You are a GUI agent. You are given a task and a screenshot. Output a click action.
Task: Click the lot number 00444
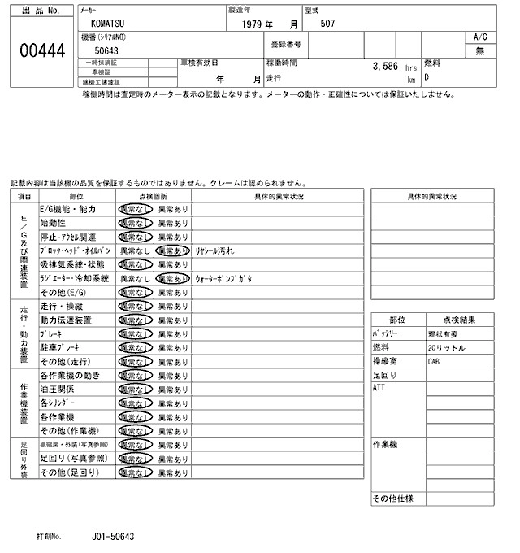click(41, 50)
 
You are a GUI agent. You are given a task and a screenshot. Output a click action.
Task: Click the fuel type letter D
click(428, 78)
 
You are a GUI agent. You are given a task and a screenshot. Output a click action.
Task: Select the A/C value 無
click(479, 50)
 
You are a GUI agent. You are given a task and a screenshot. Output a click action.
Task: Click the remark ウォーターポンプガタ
click(223, 277)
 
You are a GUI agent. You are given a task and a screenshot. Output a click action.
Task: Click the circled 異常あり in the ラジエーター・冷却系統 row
click(172, 277)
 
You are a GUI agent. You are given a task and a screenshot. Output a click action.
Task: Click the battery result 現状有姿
click(444, 333)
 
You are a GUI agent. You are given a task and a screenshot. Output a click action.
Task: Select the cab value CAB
click(433, 360)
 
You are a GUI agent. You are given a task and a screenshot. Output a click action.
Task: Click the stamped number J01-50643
click(114, 538)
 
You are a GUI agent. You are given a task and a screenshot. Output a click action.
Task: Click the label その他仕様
click(393, 498)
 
